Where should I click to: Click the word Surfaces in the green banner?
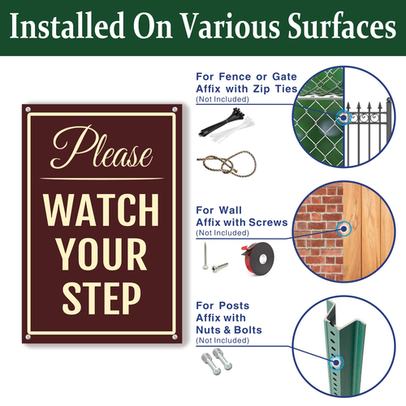point(342,25)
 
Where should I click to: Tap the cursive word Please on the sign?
point(101,147)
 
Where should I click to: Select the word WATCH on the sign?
point(101,209)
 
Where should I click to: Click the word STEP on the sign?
point(101,298)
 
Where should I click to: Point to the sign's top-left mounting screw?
point(28,110)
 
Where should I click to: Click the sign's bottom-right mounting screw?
point(175,337)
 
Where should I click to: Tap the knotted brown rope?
point(227,163)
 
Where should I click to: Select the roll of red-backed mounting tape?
point(257,258)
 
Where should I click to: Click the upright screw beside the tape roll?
point(205,256)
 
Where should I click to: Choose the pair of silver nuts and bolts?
point(217,361)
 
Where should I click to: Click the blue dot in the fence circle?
point(343,118)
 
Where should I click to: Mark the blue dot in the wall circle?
point(343,229)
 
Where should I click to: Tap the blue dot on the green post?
point(336,362)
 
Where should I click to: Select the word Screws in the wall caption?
point(268,222)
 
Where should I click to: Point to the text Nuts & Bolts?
point(229,330)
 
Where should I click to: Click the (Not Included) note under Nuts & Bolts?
point(222,340)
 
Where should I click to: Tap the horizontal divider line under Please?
point(101,179)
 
